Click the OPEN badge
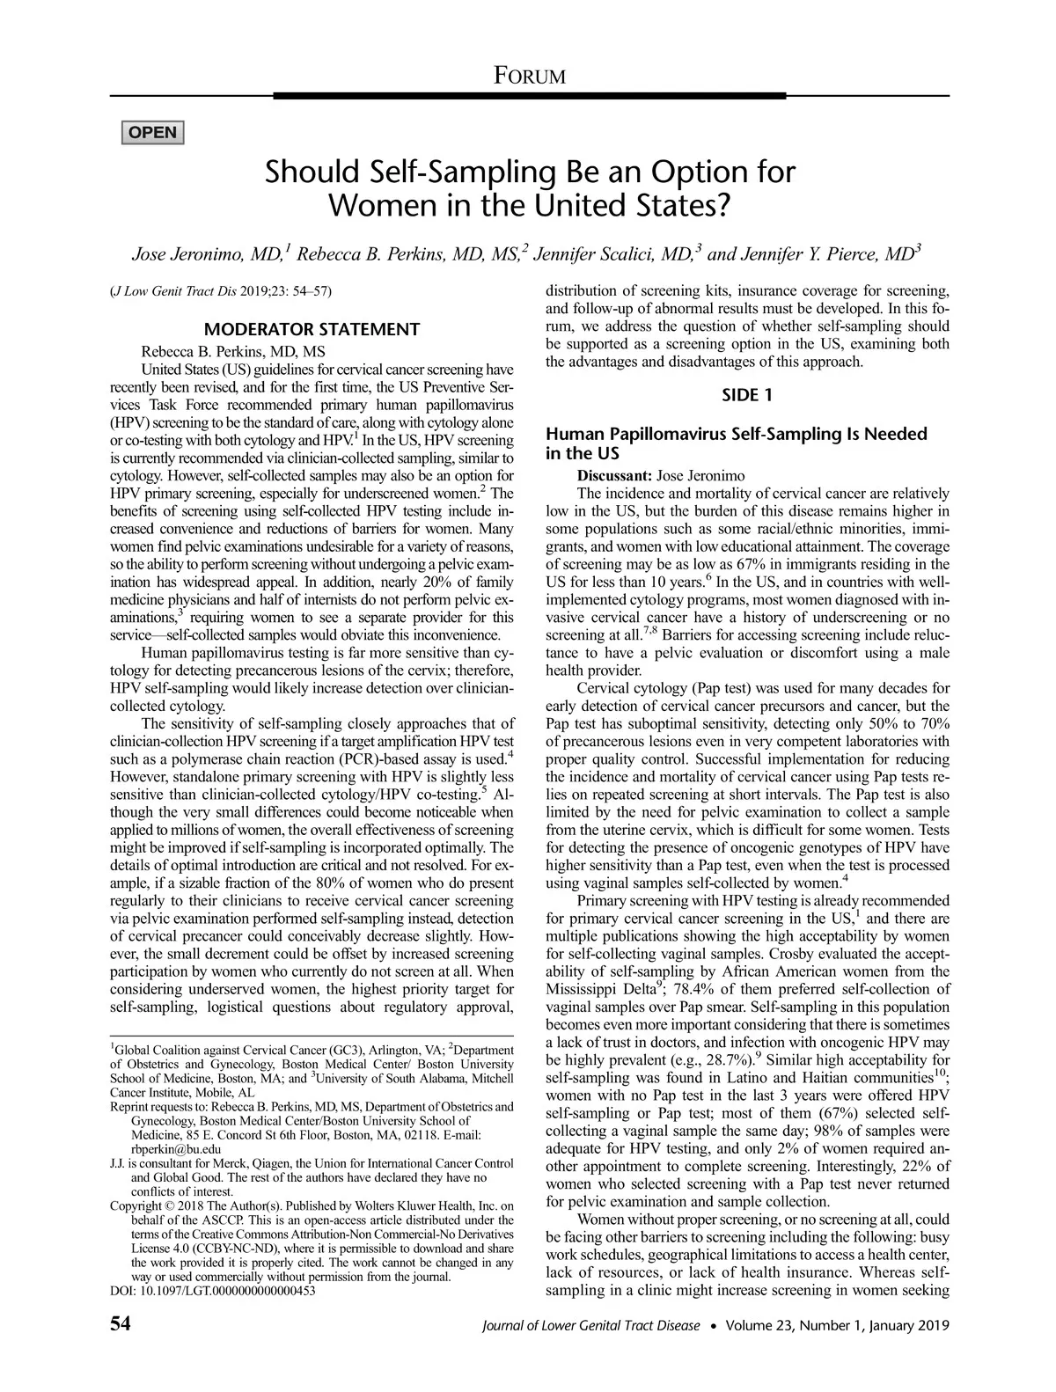click(x=153, y=133)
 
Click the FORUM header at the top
click(x=529, y=76)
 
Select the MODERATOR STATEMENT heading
click(x=312, y=330)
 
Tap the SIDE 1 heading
click(x=747, y=395)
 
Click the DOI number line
click(x=213, y=1291)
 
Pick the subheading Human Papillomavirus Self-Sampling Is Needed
click(x=737, y=434)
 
